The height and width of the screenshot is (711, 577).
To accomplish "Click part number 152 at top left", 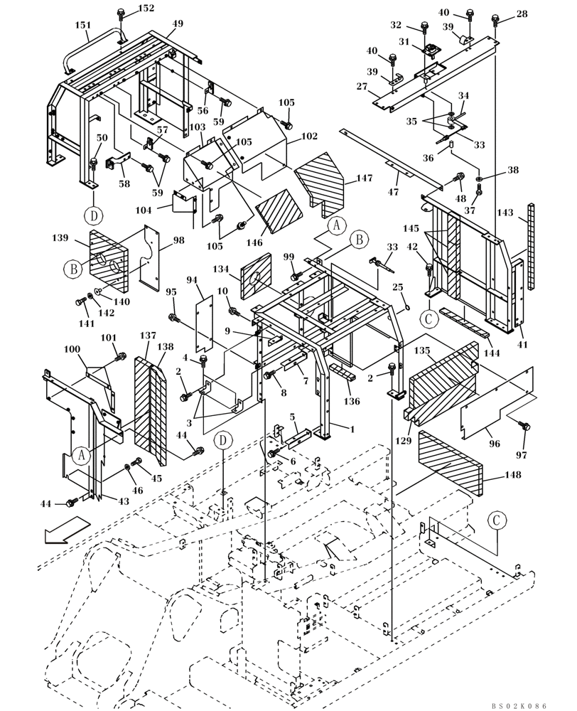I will pos(145,8).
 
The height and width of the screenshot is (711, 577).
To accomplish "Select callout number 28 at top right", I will pos(522,14).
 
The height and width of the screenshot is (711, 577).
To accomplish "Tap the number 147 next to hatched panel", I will pos(365,179).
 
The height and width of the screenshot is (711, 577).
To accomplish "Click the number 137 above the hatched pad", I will pos(147,336).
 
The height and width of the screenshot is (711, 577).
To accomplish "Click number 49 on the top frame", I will pos(177,23).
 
